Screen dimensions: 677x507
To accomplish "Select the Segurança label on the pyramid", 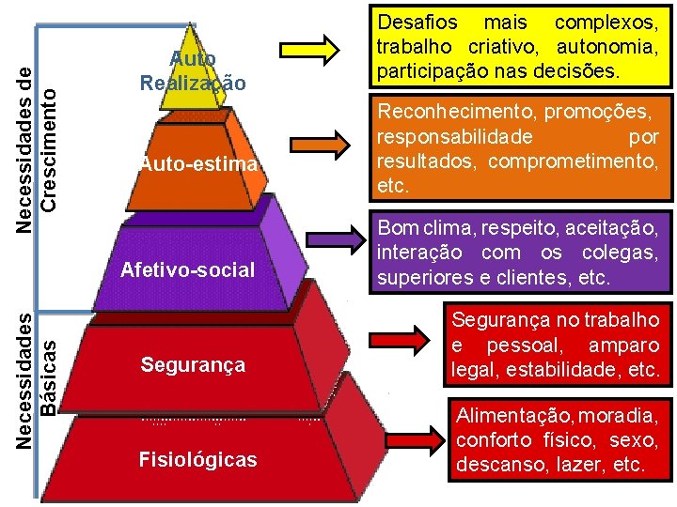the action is pos(193,364).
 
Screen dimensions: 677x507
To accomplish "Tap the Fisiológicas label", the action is pos(197,460).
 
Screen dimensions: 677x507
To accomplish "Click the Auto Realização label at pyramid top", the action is pos(193,71).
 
